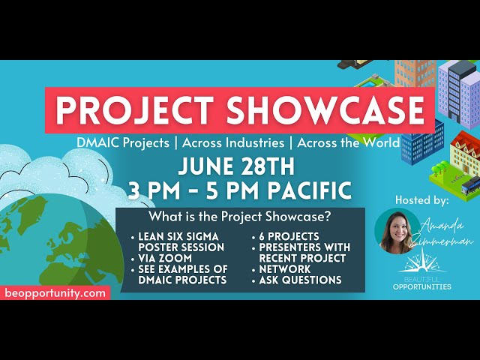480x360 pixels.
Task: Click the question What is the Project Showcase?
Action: (240, 218)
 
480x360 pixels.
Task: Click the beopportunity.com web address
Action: (55, 293)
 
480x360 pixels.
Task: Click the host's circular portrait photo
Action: (398, 232)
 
